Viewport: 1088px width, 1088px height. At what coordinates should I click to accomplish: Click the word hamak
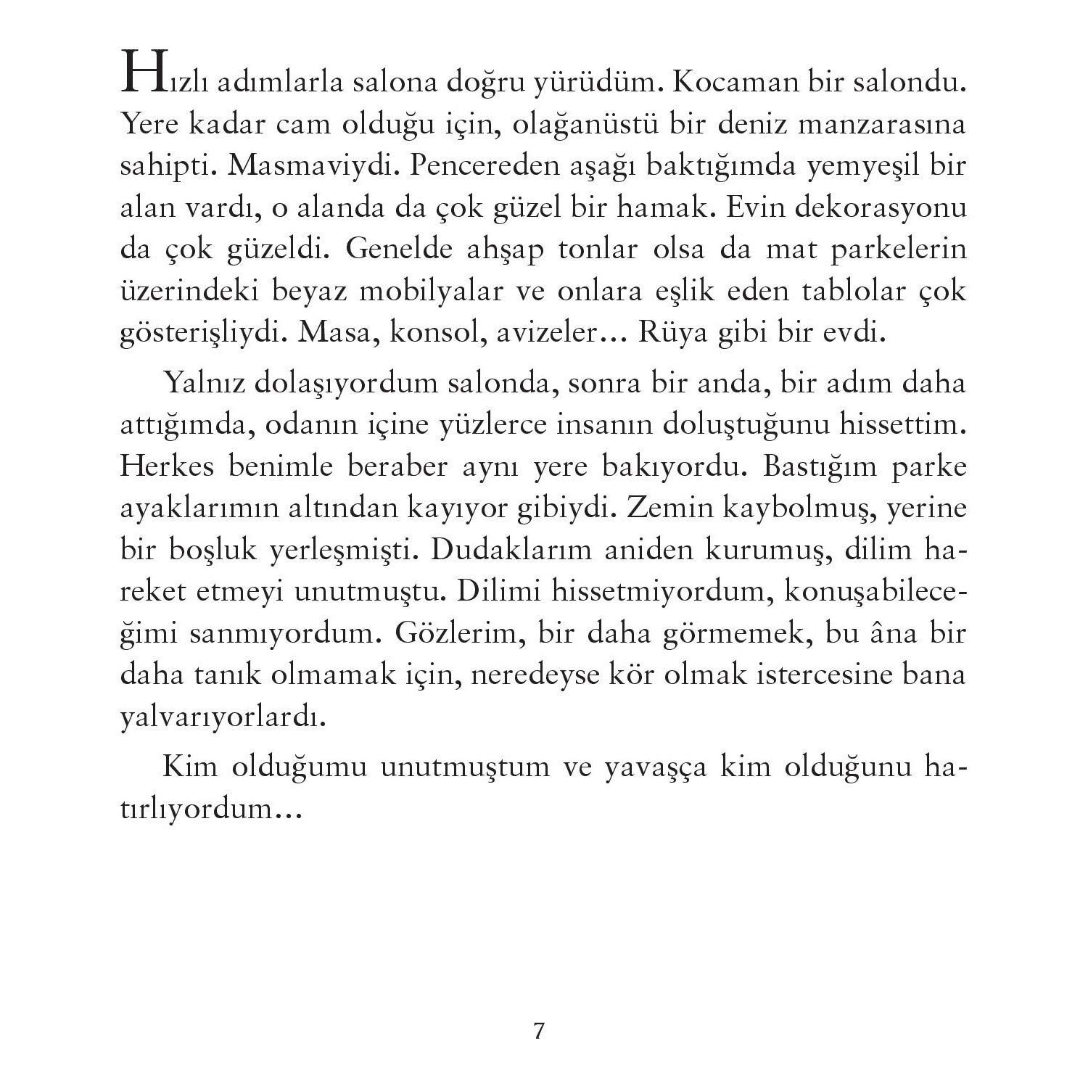click(661, 207)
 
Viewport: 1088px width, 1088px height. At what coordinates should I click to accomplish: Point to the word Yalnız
click(203, 383)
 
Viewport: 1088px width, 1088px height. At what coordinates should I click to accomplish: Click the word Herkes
click(167, 466)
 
